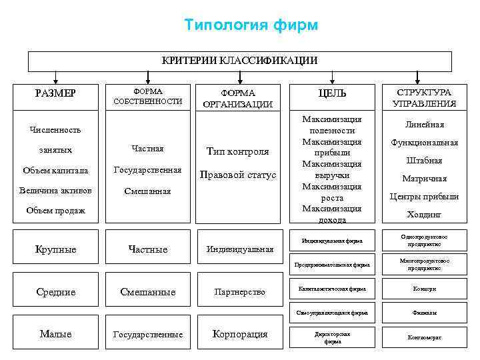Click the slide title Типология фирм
pyautogui.click(x=251, y=25)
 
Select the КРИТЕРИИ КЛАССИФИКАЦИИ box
pyautogui.click(x=239, y=61)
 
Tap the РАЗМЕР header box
pyautogui.click(x=56, y=93)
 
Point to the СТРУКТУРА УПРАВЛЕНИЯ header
pyautogui.click(x=425, y=97)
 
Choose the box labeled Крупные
pyautogui.click(x=56, y=249)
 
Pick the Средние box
pyautogui.click(x=56, y=292)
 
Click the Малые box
pyautogui.click(x=56, y=334)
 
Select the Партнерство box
pyautogui.click(x=240, y=292)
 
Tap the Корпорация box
pyautogui.click(x=240, y=334)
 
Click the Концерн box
pyautogui.click(x=425, y=289)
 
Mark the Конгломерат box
pyautogui.click(x=425, y=337)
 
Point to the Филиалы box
pyautogui.click(x=425, y=313)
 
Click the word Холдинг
pyautogui.click(x=425, y=215)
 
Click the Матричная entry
pyautogui.click(x=425, y=179)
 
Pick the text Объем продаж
pyautogui.click(x=55, y=211)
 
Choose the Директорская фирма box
pyautogui.click(x=332, y=337)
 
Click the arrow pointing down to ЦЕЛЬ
pyautogui.click(x=332, y=79)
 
